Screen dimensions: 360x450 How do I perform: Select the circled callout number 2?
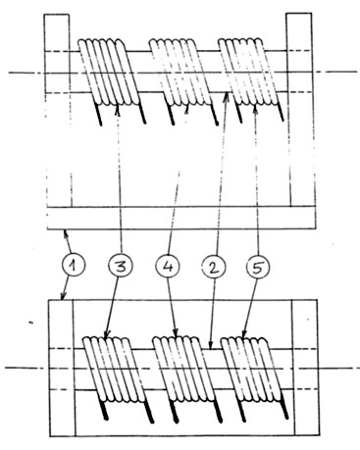(x=214, y=267)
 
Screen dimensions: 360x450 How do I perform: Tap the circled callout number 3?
(x=121, y=266)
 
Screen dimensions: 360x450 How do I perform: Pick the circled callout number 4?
(x=168, y=266)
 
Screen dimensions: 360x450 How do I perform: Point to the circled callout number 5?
(x=258, y=267)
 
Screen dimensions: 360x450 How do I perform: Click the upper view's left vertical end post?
(x=58, y=111)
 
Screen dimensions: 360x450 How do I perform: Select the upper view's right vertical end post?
(x=301, y=110)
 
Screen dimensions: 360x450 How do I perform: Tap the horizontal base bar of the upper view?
(x=181, y=218)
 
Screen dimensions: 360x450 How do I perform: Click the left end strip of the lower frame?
(x=62, y=368)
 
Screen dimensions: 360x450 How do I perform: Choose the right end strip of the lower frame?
(x=306, y=368)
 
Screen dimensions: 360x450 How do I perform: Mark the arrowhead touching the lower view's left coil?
(x=107, y=333)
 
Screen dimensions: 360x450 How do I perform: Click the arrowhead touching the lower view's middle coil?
(x=176, y=332)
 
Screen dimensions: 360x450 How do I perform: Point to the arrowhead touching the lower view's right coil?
(x=243, y=333)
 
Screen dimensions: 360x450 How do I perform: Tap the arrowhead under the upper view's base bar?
(x=67, y=232)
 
